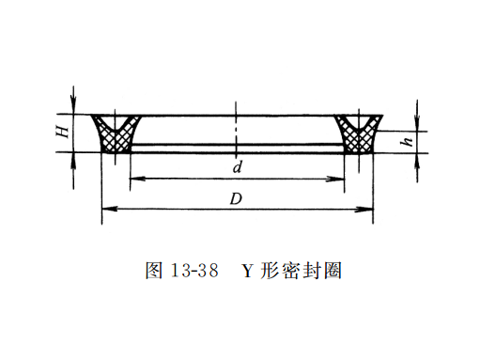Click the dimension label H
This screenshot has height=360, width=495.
pos(61,133)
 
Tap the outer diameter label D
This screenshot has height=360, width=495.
pos(238,197)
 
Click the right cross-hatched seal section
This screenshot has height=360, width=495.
pos(358,137)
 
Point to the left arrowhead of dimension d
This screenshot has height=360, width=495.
pos(132,179)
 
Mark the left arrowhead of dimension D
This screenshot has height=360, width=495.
pos(104,209)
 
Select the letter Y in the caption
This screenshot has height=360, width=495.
pos(248,271)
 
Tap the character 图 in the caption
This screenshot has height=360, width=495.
pos(154,271)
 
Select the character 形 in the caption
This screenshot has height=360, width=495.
pos(271,271)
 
